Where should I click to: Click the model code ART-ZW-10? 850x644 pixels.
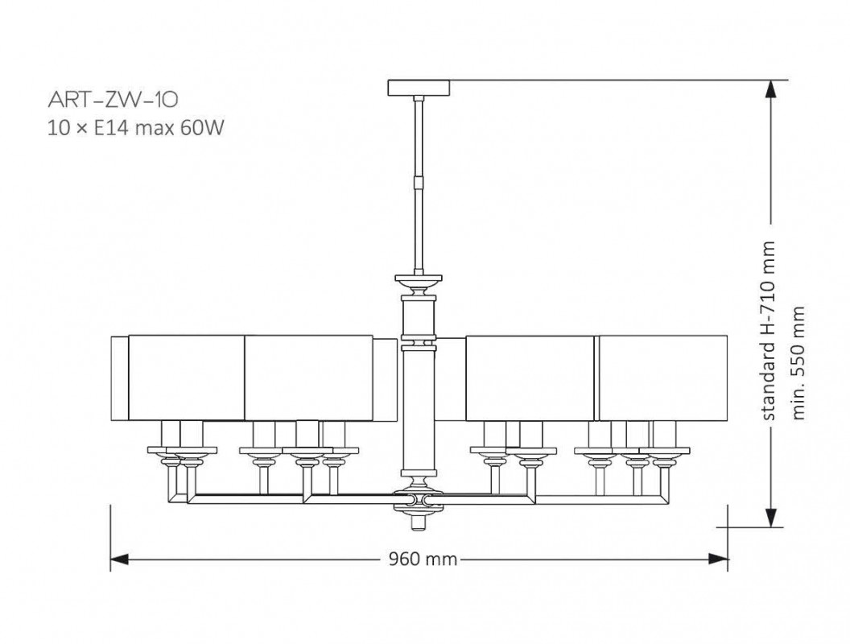[x=113, y=99]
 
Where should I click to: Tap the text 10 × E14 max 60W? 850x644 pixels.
[x=135, y=129]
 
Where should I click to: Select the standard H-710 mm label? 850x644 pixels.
[x=769, y=331]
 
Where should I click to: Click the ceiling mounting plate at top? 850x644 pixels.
[x=419, y=88]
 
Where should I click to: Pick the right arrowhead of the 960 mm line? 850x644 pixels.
[x=718, y=559]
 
